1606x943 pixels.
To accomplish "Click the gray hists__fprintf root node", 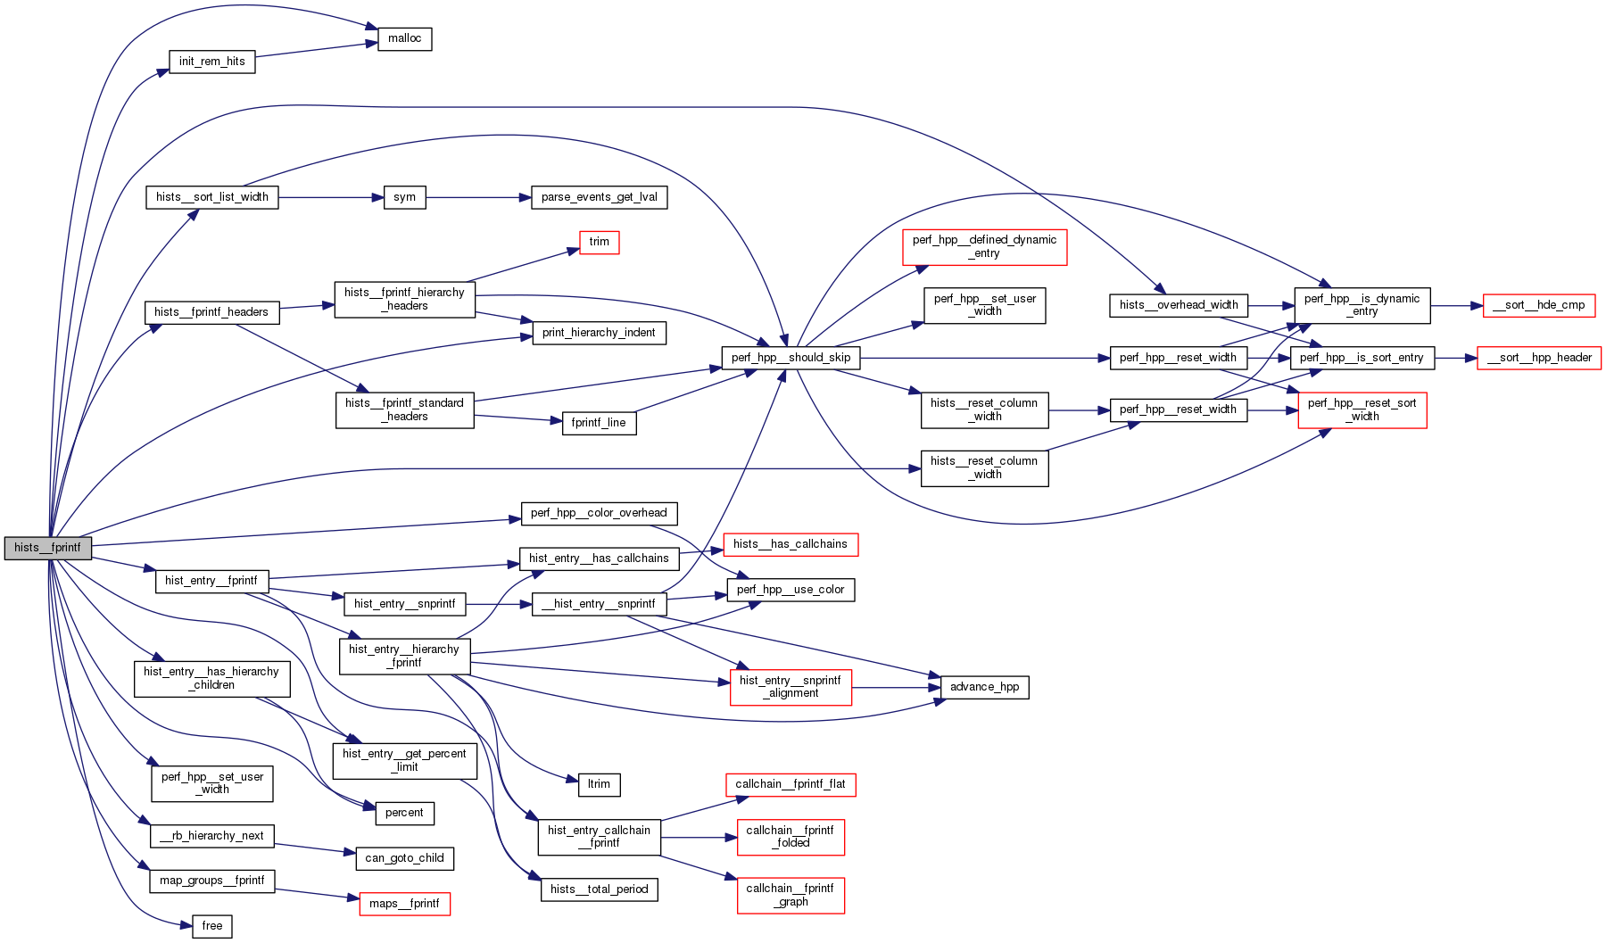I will [x=48, y=548].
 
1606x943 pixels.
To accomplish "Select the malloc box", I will [x=405, y=39].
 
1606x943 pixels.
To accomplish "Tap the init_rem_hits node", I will [x=212, y=62].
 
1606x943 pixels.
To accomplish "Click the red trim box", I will [x=599, y=242].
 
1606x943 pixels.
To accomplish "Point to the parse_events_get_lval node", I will [x=599, y=197].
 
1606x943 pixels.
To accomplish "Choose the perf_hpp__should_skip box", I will [x=791, y=358].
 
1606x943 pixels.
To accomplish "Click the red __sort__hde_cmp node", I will [x=1538, y=305].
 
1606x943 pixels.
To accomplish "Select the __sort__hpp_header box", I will [x=1539, y=358].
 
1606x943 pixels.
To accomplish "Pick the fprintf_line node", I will [x=599, y=423].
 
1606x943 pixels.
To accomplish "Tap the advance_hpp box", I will [x=984, y=687].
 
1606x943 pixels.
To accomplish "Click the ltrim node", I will [x=599, y=784].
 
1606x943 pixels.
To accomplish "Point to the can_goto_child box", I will [x=404, y=858].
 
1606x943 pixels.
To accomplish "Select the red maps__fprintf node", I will [x=404, y=904].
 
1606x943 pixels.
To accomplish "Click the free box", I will [x=212, y=926].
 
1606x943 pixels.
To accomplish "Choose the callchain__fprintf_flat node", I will [x=791, y=784].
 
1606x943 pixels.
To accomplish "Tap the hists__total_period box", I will [x=599, y=889].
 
